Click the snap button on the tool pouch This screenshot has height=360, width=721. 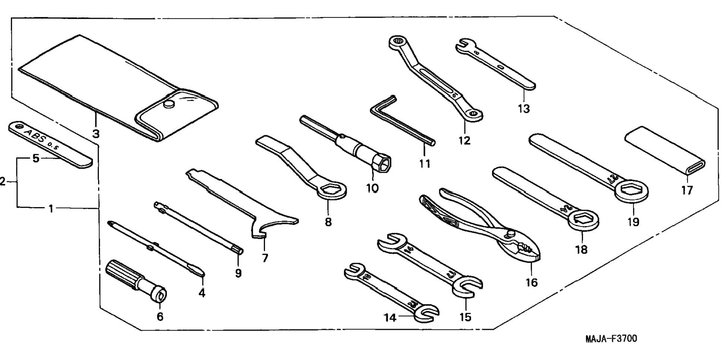[x=169, y=104]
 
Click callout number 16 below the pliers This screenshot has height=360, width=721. [x=532, y=282]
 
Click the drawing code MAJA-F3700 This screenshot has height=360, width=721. [x=611, y=339]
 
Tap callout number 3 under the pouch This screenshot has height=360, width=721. [x=96, y=134]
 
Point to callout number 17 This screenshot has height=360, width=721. [x=687, y=190]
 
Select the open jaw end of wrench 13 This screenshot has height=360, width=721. [x=462, y=45]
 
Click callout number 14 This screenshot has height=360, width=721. [x=390, y=317]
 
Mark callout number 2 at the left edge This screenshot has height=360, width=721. [x=3, y=182]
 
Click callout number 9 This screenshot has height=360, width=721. [x=238, y=273]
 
